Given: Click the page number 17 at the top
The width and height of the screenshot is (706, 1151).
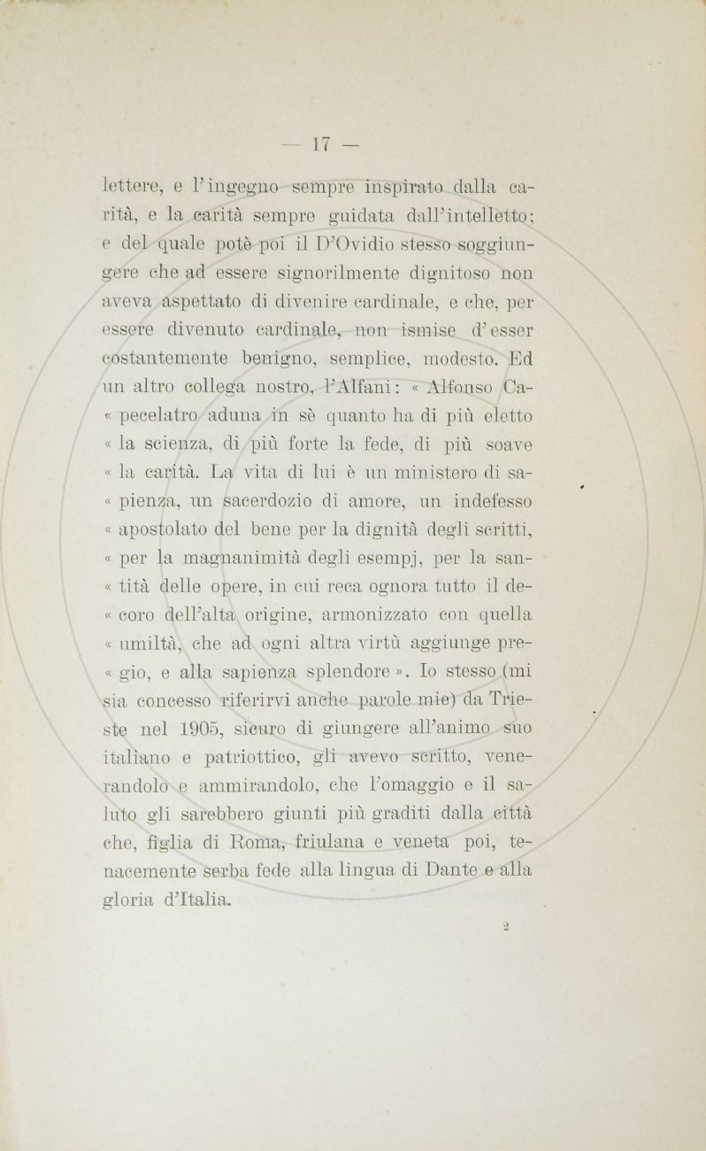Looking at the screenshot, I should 319,143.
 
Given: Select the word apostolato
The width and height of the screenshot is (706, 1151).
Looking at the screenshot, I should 165,530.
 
